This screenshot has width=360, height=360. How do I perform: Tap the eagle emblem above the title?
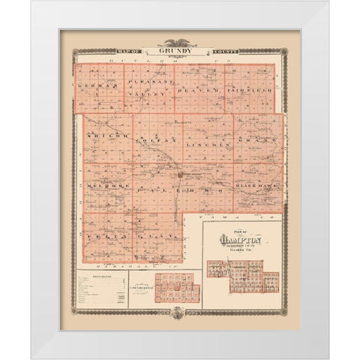pos(180,43)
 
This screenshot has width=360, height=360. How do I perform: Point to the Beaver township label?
pos(196,89)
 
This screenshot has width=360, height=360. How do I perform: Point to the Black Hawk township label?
pos(257,184)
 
